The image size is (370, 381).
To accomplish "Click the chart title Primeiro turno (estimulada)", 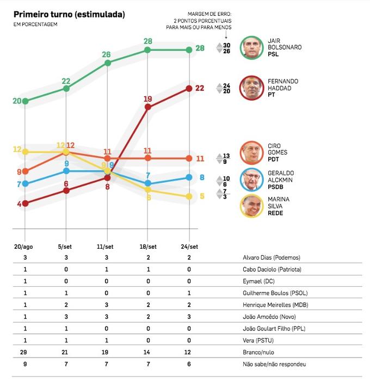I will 69,14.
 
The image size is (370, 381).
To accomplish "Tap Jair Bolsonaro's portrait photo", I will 253,47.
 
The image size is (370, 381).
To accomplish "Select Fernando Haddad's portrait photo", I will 253,88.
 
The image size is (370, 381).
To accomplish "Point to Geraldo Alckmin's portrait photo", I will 253,180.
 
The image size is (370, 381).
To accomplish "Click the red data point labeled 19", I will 148,107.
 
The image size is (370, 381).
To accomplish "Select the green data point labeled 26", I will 108,63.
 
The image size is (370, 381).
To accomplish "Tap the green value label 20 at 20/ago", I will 17,101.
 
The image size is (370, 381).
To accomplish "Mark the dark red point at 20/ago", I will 25,204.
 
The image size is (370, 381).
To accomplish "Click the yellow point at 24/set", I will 189,196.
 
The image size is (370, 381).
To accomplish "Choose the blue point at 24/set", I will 189,177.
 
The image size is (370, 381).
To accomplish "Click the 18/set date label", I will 148,246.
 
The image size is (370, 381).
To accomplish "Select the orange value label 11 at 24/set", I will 200,158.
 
